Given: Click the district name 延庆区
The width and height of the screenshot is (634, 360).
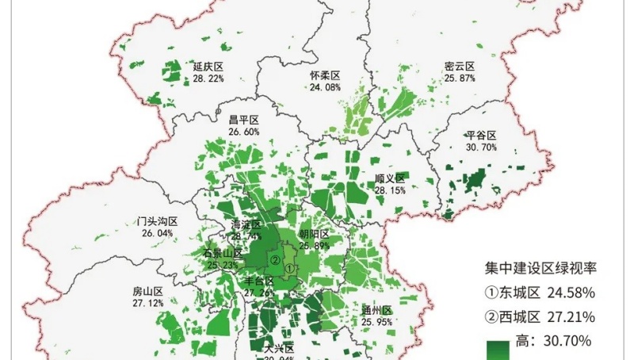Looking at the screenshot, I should (208, 67).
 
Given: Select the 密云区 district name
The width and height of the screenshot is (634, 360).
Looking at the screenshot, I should (459, 67).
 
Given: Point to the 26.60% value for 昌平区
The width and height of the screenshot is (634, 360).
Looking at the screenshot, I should (243, 132).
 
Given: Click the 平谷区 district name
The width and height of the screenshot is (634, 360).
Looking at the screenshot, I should (481, 136).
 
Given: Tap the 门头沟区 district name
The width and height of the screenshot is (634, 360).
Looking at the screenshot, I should (156, 222).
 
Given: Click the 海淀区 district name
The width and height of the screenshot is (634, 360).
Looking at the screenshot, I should (246, 224).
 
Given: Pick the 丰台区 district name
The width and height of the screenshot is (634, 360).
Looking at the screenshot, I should (259, 281).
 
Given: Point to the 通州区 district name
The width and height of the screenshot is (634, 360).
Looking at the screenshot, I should (376, 310).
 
